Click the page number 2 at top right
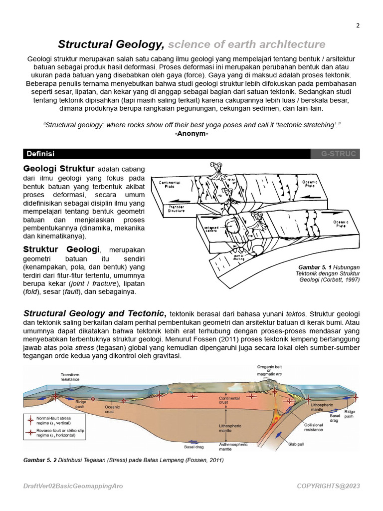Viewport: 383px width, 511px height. tap(358, 26)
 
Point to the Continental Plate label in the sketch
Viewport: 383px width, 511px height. tap(170, 185)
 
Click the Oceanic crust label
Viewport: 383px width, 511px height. tap(112, 409)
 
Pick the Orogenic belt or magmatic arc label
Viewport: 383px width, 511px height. tap(270, 370)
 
